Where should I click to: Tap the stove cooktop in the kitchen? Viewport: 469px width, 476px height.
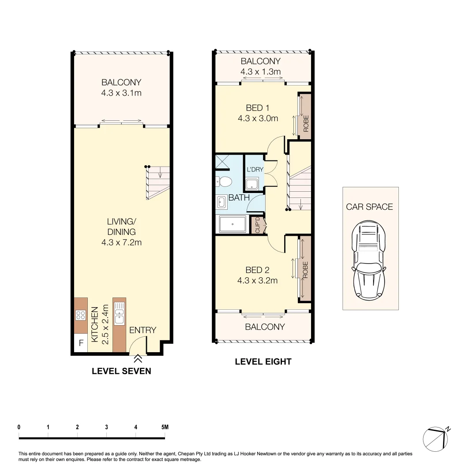click(x=81, y=315)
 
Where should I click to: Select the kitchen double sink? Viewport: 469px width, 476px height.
click(x=119, y=315)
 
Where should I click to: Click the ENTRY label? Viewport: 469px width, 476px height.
click(x=143, y=330)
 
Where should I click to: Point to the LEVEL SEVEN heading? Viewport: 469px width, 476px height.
click(x=121, y=371)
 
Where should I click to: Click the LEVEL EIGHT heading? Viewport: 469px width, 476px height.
click(x=263, y=362)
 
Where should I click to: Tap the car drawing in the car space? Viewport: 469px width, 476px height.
click(x=370, y=260)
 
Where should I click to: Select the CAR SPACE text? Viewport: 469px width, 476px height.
click(x=369, y=207)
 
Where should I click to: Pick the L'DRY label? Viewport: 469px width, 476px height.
click(x=255, y=170)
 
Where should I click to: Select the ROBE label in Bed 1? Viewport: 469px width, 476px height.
click(x=305, y=124)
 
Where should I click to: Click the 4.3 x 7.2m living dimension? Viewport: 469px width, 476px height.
click(x=121, y=242)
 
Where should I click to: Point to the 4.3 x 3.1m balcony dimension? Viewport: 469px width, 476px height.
click(x=121, y=93)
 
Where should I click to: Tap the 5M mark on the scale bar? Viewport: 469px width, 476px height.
click(x=165, y=427)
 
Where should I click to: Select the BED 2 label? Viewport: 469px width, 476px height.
click(x=257, y=270)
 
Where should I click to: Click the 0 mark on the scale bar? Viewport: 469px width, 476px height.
click(x=19, y=427)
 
